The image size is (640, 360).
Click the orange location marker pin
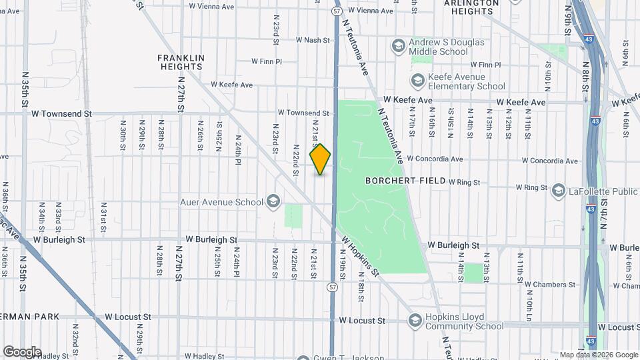click(321, 159)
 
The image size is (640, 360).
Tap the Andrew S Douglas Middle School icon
click(399, 46)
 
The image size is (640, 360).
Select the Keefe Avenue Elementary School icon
click(418, 81)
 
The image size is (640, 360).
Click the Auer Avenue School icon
click(273, 201)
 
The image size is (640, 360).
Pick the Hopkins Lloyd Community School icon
click(416, 321)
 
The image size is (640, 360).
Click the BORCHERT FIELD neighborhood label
click(405, 181)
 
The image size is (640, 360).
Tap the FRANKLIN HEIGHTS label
click(181, 62)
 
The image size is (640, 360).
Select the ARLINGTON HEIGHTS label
click(471, 7)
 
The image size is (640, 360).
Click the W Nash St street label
click(304, 40)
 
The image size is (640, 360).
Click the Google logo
click(22, 352)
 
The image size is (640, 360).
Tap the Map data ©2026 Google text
click(598, 355)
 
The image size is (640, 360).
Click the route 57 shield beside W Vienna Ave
click(335, 11)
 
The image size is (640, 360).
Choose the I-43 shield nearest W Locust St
click(592, 342)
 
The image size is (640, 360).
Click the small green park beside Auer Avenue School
click(293, 216)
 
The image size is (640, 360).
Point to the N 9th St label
click(569, 23)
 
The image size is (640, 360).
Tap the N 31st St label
click(104, 218)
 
